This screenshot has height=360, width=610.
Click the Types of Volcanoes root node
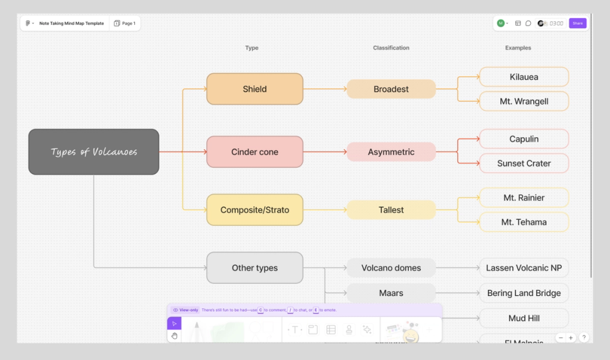pos(93,152)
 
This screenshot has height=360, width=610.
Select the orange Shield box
pos(254,89)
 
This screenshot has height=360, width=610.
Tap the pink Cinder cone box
pos(254,152)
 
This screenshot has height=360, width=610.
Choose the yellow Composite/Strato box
pos(254,210)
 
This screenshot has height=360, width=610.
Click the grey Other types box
pos(254,268)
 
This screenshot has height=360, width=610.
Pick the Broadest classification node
pos(391,89)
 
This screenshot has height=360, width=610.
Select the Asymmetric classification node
pos(391,152)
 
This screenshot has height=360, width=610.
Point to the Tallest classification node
pos(391,210)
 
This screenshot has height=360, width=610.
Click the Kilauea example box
pos(523,77)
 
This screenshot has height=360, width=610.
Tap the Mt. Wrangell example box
pos(523,101)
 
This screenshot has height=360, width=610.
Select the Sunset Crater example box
pos(523,164)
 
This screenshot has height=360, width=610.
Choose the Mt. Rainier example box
pos(523,198)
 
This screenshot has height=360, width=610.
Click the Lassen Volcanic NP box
pos(523,268)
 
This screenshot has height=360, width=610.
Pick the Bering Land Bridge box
pos(523,293)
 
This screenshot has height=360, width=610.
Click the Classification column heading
pos(391,48)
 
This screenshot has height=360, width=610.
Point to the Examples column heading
pos(518,48)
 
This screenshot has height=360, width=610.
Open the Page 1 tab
pos(125,23)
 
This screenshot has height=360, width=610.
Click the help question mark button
pos(584,337)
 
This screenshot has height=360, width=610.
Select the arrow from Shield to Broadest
pos(325,89)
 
